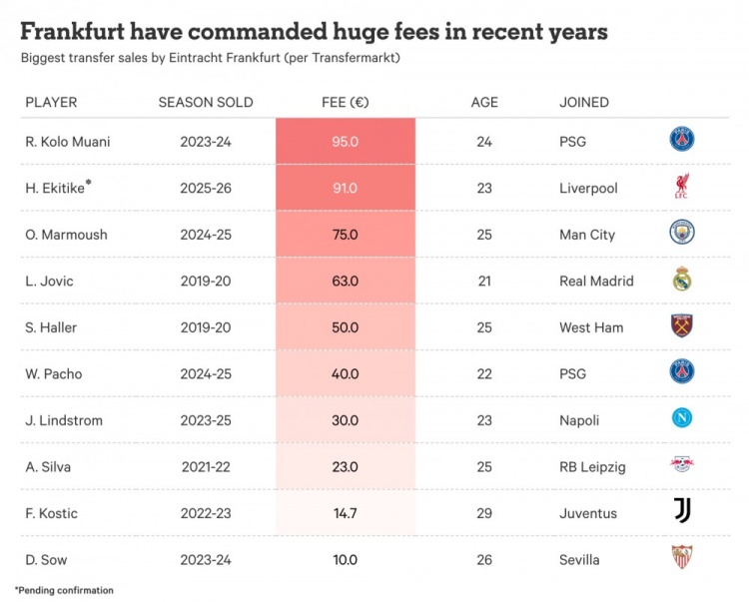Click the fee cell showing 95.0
click(x=345, y=142)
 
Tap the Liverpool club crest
click(x=682, y=187)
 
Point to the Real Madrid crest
click(x=682, y=280)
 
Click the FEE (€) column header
click(x=345, y=102)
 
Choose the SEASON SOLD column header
click(x=206, y=102)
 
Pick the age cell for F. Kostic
click(x=484, y=513)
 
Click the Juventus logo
click(x=682, y=511)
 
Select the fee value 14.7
click(x=345, y=513)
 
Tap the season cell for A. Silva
click(x=206, y=466)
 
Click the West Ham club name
click(x=591, y=327)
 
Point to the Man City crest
click(x=682, y=234)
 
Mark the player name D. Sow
click(x=47, y=559)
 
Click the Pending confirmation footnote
click(x=65, y=590)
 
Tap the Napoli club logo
click(x=682, y=419)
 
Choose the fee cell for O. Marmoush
click(x=345, y=235)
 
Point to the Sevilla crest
click(x=682, y=557)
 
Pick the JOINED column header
click(x=584, y=102)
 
